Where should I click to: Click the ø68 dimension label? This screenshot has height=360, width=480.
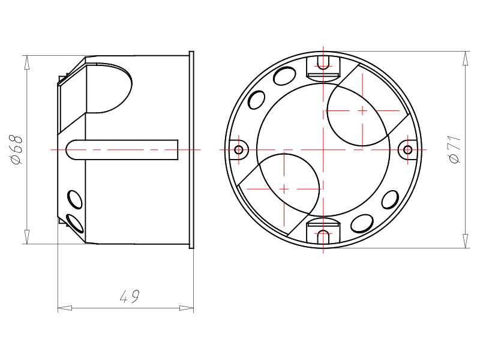tap(17, 150)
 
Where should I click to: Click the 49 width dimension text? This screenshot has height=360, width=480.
tap(130, 296)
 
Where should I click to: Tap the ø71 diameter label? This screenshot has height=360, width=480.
tap(454, 149)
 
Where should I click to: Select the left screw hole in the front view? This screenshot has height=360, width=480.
tap(239, 149)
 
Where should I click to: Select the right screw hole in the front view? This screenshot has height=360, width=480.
tap(407, 149)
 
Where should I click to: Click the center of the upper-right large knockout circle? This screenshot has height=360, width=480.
tap(362, 111)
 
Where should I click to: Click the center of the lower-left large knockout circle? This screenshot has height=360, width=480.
tap(283, 188)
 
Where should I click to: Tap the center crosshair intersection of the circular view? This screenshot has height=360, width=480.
tap(323, 149)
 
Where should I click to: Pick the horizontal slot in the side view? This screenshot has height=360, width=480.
tap(123, 149)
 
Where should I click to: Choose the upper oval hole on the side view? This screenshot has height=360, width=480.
tap(74, 198)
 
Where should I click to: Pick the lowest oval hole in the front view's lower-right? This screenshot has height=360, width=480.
tap(362, 224)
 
